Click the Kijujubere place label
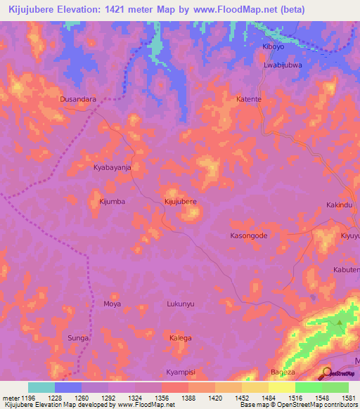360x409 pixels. pyautogui.click(x=180, y=202)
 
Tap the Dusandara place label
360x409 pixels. pyautogui.click(x=78, y=100)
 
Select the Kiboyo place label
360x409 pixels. pyautogui.click(x=272, y=46)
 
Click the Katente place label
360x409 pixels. pyautogui.click(x=249, y=100)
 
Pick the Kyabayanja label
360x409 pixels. pyautogui.click(x=112, y=168)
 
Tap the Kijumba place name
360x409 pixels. pyautogui.click(x=112, y=202)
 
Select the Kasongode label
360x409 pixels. pyautogui.click(x=249, y=236)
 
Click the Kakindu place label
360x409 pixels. pyautogui.click(x=338, y=205)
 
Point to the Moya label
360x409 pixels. pyautogui.click(x=112, y=304)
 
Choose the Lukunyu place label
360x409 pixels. pyautogui.click(x=180, y=304)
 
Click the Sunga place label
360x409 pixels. pyautogui.click(x=78, y=338)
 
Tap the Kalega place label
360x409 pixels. pyautogui.click(x=180, y=338)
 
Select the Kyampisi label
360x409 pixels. pyautogui.click(x=180, y=370)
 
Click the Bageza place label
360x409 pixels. pyautogui.click(x=283, y=370)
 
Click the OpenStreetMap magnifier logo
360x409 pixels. pyautogui.click(x=326, y=372)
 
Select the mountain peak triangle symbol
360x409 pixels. pyautogui.click(x=340, y=323)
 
